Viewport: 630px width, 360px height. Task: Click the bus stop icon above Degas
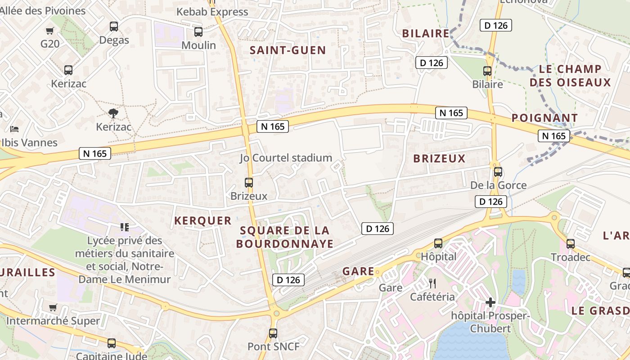(114, 27)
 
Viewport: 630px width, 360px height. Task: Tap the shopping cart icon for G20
(50, 31)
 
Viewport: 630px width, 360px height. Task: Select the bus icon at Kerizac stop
(68, 70)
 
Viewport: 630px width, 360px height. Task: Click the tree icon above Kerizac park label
(113, 113)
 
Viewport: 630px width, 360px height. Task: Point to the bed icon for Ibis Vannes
(14, 129)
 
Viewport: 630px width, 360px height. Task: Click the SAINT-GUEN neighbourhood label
(288, 50)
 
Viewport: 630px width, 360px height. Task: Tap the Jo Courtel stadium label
(286, 158)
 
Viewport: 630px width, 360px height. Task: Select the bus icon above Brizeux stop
(249, 183)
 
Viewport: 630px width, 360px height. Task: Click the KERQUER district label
(202, 220)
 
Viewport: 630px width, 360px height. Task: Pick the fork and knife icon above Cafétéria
(432, 283)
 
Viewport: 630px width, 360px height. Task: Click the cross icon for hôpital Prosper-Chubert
(490, 302)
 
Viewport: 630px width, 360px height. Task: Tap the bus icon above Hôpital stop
(438, 243)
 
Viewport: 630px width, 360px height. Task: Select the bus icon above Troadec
(571, 244)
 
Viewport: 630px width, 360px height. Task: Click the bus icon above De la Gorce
(498, 171)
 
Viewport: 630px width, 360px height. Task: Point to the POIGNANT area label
(544, 118)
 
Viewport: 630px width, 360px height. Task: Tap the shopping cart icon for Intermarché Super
(53, 307)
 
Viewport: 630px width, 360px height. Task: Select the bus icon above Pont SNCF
(273, 333)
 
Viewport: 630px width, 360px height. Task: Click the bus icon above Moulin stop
(198, 32)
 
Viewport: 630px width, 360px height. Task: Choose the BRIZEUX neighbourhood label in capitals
(439, 158)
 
